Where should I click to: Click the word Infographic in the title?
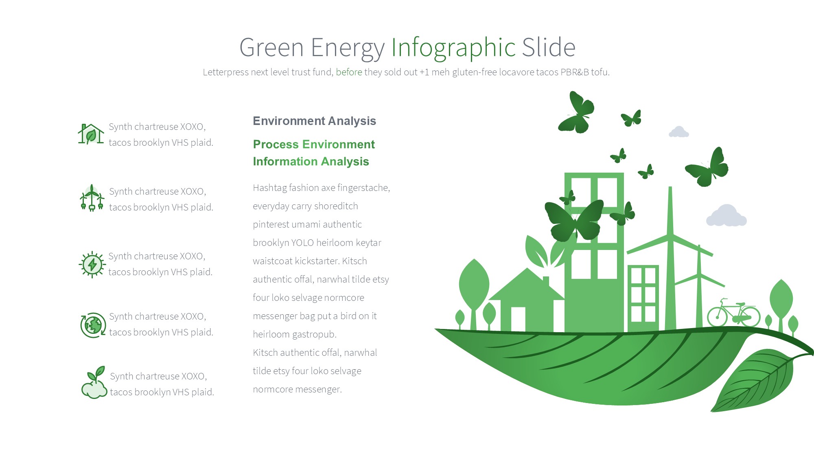(x=453, y=48)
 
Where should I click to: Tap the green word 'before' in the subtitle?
(x=349, y=72)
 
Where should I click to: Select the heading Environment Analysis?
(x=314, y=121)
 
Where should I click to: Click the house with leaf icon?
(x=91, y=134)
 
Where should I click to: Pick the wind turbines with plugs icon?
(x=92, y=198)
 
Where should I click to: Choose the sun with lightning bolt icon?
(x=92, y=265)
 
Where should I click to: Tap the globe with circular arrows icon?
(x=93, y=325)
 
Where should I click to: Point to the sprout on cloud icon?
(x=94, y=382)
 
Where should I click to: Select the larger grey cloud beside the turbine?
(x=726, y=215)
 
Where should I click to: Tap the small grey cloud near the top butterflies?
(x=678, y=131)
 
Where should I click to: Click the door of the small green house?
(x=518, y=319)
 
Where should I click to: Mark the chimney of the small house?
(x=546, y=281)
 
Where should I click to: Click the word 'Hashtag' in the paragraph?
(x=269, y=188)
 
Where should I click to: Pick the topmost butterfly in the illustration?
(x=576, y=112)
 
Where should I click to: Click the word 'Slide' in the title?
(x=549, y=47)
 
